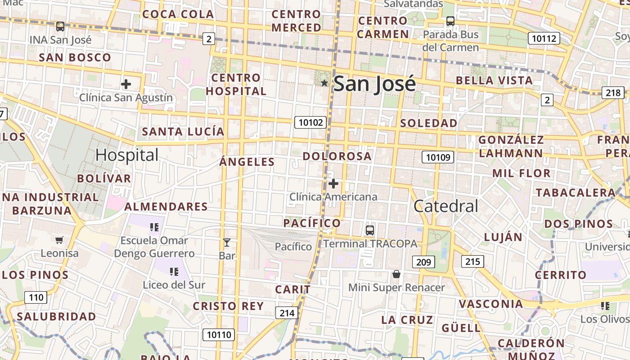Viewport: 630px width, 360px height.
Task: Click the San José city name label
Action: click(374, 84)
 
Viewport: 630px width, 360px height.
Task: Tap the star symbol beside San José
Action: click(324, 83)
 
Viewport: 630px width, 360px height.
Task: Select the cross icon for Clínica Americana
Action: click(333, 184)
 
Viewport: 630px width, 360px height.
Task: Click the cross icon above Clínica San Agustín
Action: click(126, 84)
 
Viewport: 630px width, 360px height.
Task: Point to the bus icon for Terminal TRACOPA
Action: click(370, 230)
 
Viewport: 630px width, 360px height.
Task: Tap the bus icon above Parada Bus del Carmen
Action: click(450, 21)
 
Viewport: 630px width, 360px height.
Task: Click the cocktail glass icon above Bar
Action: click(227, 243)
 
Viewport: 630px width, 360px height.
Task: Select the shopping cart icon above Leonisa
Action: click(59, 240)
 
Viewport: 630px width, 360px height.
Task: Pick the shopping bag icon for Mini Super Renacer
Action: click(396, 274)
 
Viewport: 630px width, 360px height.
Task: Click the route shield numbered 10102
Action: click(310, 122)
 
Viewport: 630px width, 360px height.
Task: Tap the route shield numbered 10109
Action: click(438, 157)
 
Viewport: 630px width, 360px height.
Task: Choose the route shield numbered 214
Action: click(287, 313)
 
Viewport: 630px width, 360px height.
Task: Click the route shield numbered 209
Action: click(423, 262)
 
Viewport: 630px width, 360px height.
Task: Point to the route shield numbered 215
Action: click(472, 261)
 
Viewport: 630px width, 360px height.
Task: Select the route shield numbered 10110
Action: click(219, 335)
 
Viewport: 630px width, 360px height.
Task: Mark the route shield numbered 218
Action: click(613, 93)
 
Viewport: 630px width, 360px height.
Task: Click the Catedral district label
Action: click(445, 206)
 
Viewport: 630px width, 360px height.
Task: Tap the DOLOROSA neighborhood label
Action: click(337, 157)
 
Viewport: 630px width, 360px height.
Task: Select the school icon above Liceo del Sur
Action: click(174, 272)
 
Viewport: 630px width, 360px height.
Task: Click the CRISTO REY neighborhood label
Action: click(228, 306)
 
